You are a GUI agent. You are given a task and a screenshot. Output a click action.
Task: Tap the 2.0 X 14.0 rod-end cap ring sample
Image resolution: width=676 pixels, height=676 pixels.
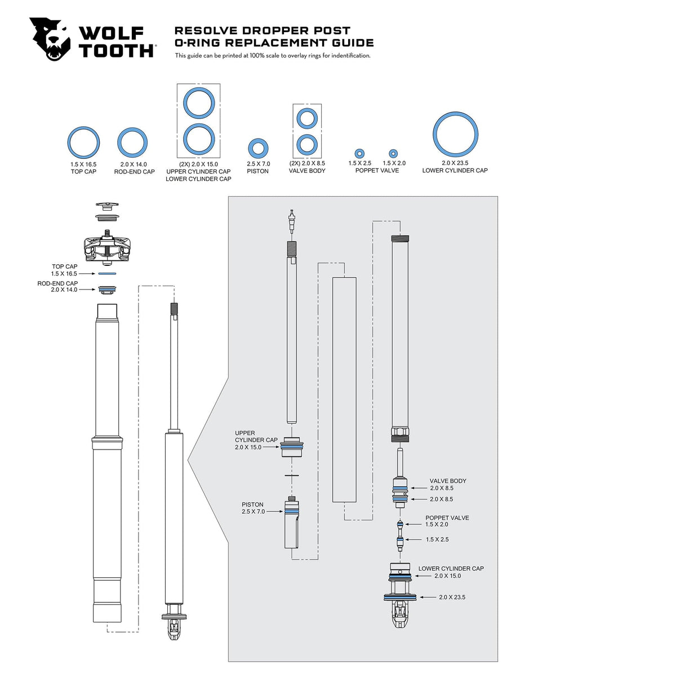133,143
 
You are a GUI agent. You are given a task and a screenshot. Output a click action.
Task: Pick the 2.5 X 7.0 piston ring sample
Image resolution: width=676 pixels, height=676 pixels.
258,149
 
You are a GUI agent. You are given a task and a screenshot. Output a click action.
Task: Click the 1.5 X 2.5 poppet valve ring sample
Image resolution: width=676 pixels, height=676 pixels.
359,153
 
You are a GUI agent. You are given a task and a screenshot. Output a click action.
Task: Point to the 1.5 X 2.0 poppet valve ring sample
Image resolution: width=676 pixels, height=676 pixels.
393,153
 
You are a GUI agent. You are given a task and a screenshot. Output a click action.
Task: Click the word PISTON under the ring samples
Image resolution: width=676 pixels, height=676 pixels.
257,171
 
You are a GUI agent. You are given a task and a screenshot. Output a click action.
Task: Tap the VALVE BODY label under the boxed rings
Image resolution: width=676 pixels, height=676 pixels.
307,171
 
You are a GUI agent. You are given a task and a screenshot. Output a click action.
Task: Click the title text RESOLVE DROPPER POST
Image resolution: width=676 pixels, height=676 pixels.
262,30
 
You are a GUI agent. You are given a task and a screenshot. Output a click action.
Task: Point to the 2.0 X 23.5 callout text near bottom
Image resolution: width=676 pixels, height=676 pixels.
452,597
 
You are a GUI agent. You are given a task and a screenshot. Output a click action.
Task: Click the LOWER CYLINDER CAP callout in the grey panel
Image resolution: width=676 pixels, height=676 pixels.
451,568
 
